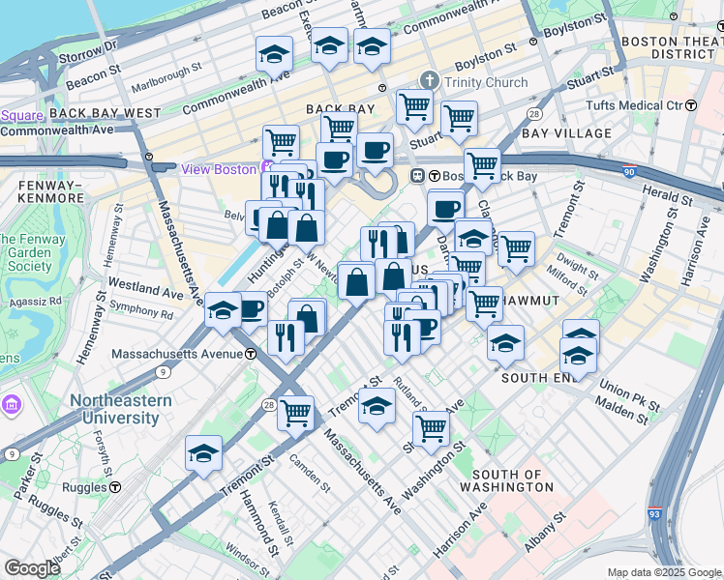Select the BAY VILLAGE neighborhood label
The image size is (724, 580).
click(x=566, y=133)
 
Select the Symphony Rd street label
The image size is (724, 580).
click(x=140, y=312)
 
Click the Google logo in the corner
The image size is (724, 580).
click(x=31, y=568)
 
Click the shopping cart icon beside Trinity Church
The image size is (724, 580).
click(x=414, y=105)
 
